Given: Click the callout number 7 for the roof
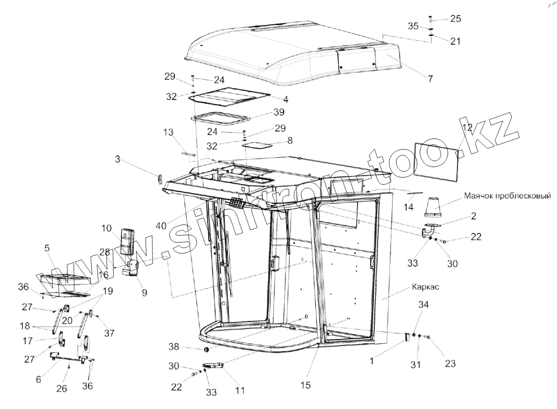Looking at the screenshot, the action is pos(430,78).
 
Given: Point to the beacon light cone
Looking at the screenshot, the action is pos(434,207).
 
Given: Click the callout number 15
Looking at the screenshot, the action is pos(305,385).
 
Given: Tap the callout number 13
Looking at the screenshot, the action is pos(168,133).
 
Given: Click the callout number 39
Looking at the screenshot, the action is pos(278,112).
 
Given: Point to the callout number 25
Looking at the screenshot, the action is pos(456,19).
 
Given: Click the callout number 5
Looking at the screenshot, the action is pos(48,248).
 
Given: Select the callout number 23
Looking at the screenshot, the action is pos(450,364).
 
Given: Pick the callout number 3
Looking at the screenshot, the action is pos(118,159).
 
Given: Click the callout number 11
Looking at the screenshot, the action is pos(240,390).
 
